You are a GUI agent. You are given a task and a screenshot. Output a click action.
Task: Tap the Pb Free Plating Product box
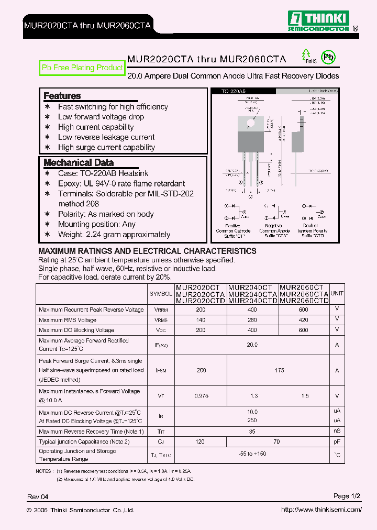(82, 68)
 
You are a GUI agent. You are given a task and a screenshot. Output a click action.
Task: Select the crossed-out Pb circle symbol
(328, 57)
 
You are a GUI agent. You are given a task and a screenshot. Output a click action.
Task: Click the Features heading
(62, 96)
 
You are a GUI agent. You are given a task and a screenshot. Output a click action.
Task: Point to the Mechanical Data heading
(78, 162)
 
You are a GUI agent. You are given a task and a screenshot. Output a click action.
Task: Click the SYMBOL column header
(161, 294)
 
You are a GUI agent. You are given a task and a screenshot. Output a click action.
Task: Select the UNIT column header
(337, 294)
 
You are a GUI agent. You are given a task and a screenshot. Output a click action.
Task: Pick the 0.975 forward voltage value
(201, 396)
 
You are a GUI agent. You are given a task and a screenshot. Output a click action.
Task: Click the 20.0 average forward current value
(252, 345)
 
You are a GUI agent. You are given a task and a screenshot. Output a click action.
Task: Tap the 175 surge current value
(279, 370)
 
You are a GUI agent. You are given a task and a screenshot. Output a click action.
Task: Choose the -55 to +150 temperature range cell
(252, 454)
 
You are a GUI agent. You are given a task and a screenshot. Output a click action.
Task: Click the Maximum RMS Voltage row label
(68, 320)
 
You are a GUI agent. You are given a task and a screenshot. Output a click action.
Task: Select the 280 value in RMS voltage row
(252, 320)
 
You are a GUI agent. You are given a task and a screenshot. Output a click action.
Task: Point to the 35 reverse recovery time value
(252, 432)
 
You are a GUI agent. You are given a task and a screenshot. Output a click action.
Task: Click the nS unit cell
(337, 432)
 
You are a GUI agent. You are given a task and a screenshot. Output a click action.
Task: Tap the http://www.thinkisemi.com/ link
(321, 510)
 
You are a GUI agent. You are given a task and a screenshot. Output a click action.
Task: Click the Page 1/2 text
(347, 496)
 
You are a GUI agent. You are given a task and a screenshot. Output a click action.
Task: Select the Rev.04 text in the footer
(38, 496)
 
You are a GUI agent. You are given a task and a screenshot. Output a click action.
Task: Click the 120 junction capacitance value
(201, 442)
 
